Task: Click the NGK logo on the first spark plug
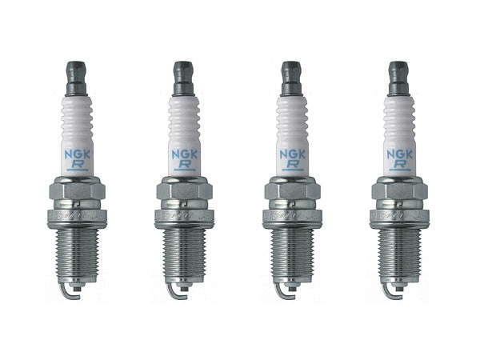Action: [x=79, y=148]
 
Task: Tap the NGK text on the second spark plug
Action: [x=183, y=148]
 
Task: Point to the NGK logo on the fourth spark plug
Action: [x=398, y=148]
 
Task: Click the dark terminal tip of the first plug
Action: [x=78, y=72]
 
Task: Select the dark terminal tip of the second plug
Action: [x=182, y=72]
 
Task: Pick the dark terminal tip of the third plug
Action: [x=290, y=72]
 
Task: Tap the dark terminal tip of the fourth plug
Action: [x=398, y=72]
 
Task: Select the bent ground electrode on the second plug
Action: [x=177, y=298]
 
